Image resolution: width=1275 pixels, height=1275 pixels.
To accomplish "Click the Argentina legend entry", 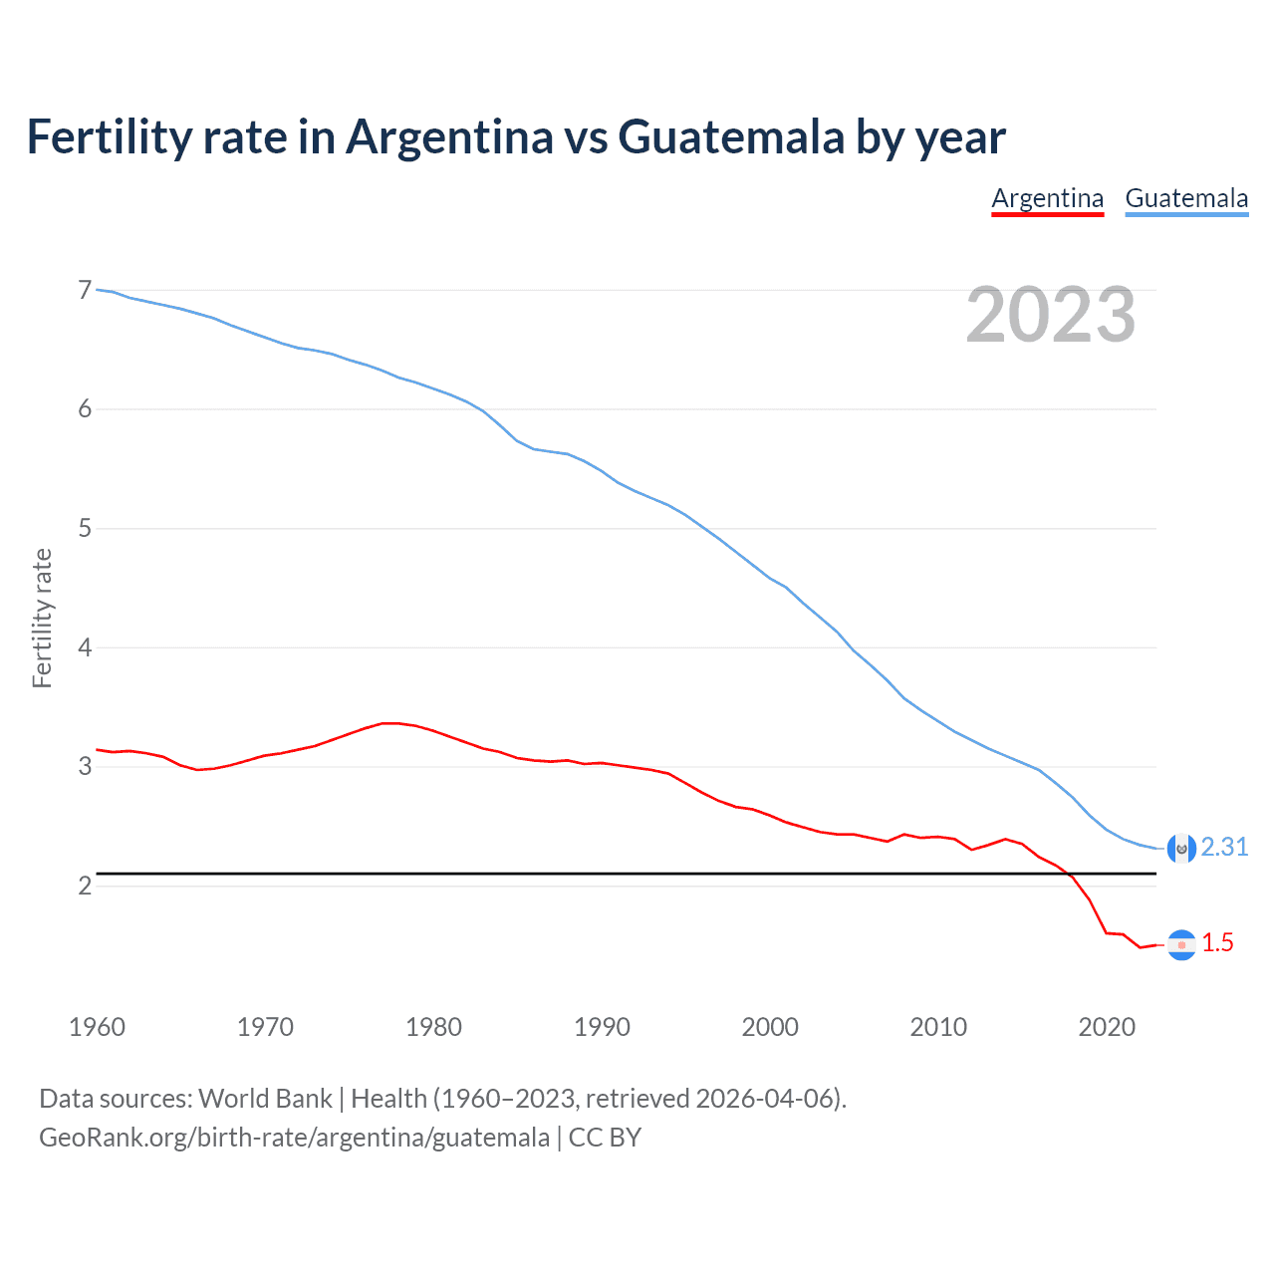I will pos(1047,198).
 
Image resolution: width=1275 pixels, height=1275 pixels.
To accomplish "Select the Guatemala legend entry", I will pos(1186,198).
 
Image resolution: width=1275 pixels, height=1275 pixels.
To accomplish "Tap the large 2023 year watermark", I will pos(1050,315).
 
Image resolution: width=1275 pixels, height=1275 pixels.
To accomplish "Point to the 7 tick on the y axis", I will pos(85,290).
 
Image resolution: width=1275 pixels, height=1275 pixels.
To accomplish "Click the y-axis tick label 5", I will pos(85,528).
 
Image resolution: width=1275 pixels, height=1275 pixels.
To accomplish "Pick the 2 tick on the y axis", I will pos(85,886).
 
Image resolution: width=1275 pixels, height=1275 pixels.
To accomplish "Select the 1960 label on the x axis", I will pos(97,1027).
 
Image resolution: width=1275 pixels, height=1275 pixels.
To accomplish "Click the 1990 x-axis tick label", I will pos(602,1027).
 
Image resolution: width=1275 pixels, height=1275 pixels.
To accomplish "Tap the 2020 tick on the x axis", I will pos(1107,1027).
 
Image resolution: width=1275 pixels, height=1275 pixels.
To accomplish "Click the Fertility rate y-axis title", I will pos(42,618).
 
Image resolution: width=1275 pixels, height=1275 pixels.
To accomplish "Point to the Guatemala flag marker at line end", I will pos(1181,849).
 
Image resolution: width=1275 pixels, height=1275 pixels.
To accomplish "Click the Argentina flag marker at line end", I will pos(1181,944).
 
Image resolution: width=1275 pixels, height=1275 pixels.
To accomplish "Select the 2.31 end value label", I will pos(1224,847).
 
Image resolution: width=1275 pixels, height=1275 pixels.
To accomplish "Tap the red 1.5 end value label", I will pos(1217,942).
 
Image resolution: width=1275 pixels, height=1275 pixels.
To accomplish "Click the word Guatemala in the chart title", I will pos(731,136).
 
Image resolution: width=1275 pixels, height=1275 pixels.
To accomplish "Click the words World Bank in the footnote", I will pos(265,1099).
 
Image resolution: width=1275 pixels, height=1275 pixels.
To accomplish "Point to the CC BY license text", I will pos(605,1138).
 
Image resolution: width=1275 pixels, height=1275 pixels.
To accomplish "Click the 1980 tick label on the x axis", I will pos(433,1027).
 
